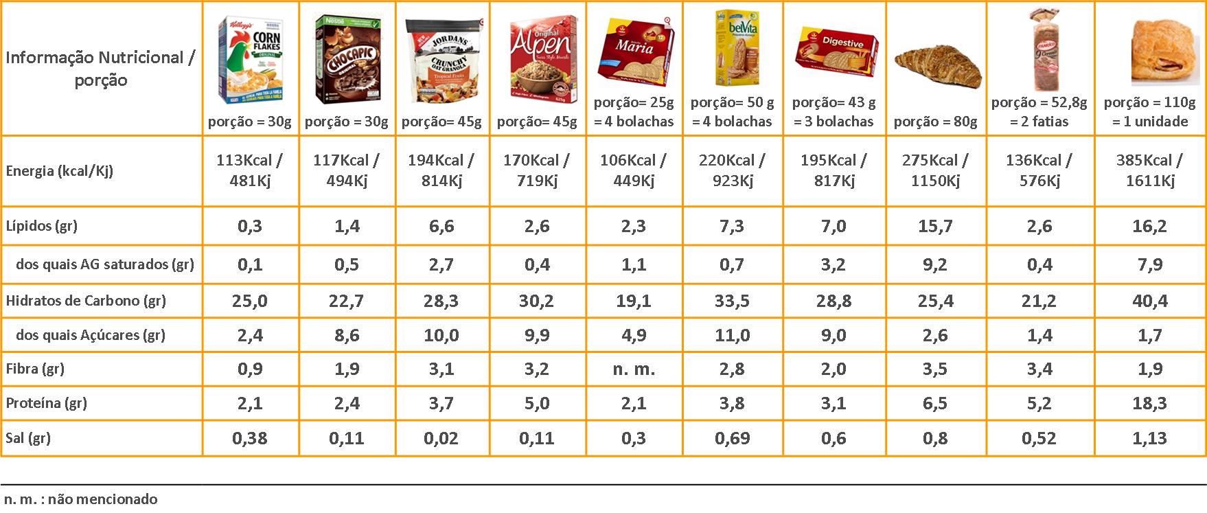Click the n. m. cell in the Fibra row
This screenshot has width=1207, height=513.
point(634,369)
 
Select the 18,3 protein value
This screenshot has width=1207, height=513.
point(1149,403)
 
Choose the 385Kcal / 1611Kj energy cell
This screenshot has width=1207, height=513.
point(1149,170)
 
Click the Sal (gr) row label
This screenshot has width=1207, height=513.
point(29,438)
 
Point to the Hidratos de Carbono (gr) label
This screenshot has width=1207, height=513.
point(86,301)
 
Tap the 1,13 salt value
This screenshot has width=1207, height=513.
point(1149,438)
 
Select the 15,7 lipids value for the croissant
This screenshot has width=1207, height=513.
point(935,227)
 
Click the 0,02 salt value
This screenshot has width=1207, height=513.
point(441,438)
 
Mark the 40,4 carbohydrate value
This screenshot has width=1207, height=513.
point(1149,301)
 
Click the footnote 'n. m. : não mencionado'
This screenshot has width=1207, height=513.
point(80,499)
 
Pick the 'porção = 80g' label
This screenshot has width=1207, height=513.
point(935,122)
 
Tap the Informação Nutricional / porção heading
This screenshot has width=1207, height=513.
point(101,69)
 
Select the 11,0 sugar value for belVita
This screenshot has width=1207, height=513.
point(732,335)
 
